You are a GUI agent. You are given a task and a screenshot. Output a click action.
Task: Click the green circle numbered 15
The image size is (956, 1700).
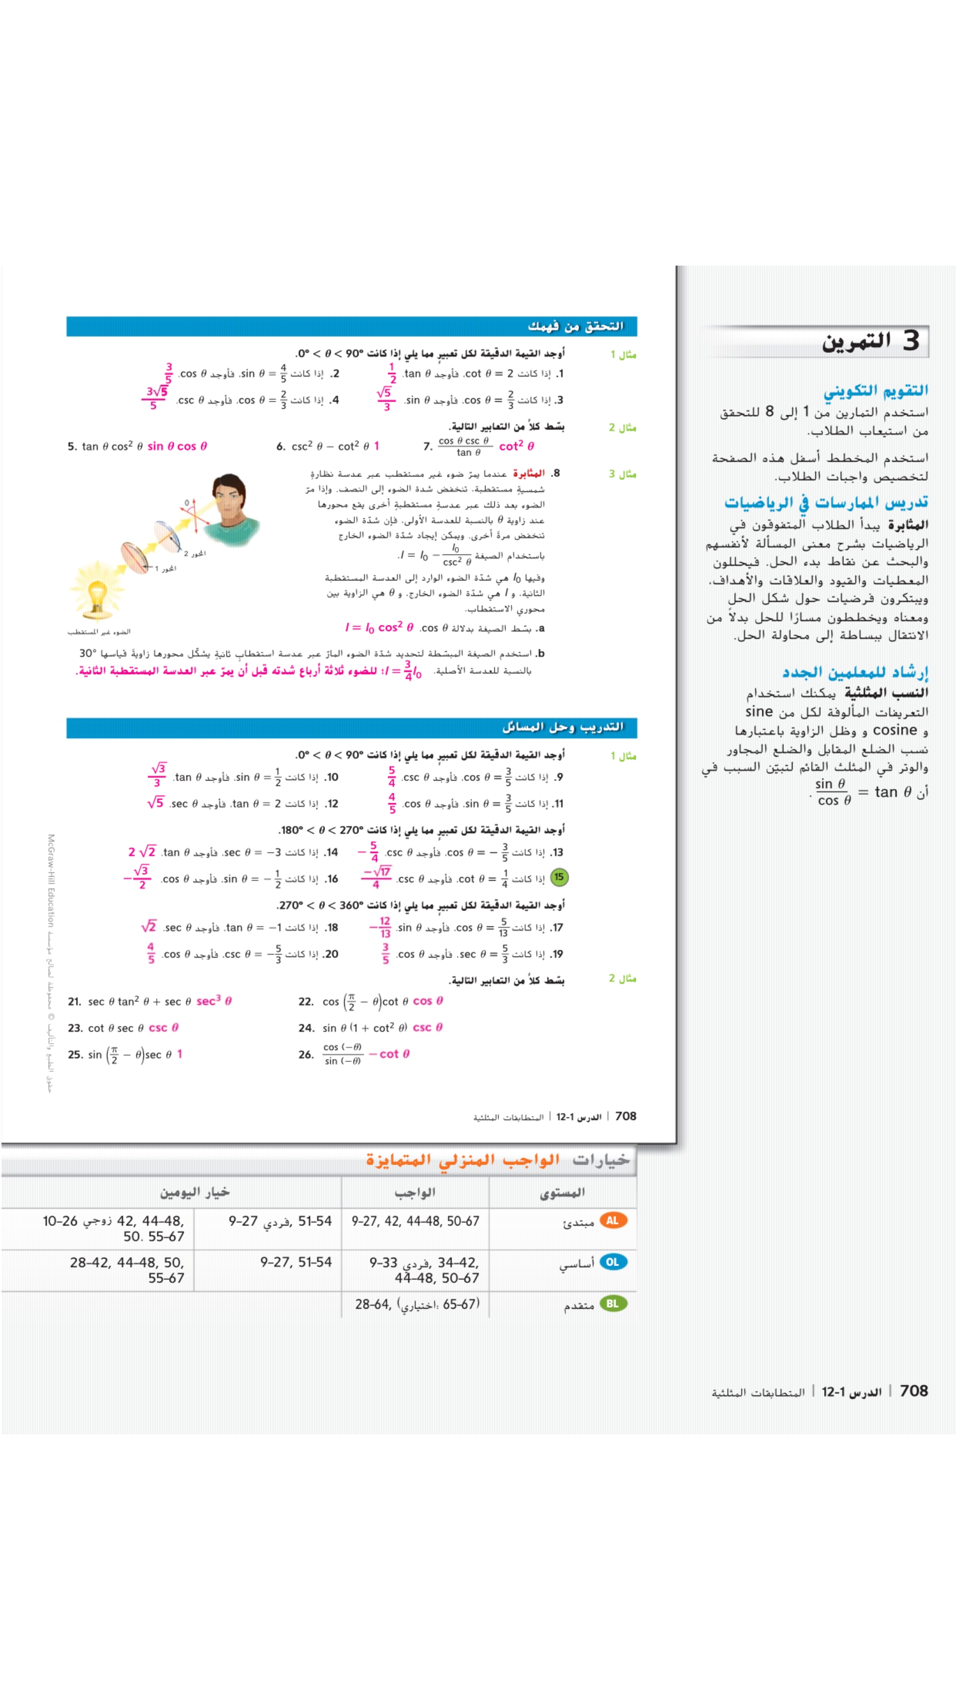pyautogui.click(x=559, y=877)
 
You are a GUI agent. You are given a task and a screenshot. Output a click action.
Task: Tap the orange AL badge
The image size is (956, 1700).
pyautogui.click(x=612, y=1220)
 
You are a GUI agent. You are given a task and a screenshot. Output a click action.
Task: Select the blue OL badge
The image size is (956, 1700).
pyautogui.click(x=612, y=1262)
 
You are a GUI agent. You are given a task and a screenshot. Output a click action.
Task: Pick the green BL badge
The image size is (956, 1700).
pyautogui.click(x=612, y=1303)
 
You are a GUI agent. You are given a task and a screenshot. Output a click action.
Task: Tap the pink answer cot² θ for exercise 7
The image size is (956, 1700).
pyautogui.click(x=517, y=447)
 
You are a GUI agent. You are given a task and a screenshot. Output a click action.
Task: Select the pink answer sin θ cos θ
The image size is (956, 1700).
pyautogui.click(x=177, y=447)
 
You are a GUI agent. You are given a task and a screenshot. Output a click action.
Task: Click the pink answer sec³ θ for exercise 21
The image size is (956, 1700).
pyautogui.click(x=214, y=1001)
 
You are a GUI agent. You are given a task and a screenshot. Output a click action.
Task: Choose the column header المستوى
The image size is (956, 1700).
pyautogui.click(x=562, y=1192)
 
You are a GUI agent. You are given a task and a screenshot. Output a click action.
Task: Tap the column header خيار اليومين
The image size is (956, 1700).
pyautogui.click(x=194, y=1192)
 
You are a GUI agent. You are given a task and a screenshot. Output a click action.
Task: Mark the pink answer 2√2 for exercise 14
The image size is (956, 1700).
pyautogui.click(x=142, y=852)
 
